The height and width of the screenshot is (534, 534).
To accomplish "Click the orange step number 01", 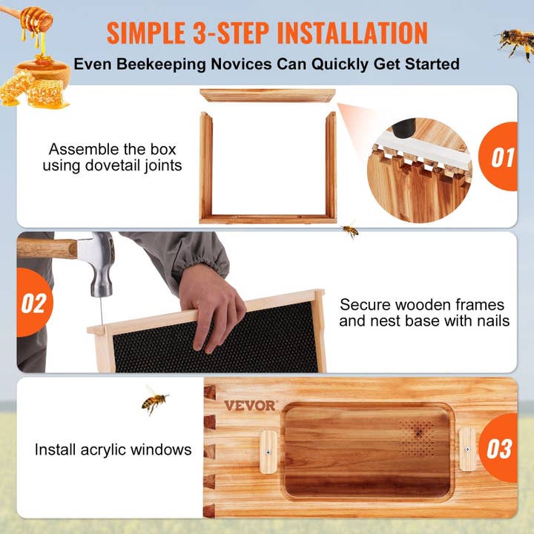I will tap(502, 158).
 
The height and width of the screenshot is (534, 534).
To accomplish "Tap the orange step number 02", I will tap(33, 304).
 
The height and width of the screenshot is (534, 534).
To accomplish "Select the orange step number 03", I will tap(500, 449).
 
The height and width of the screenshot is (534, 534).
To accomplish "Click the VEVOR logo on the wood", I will tap(250, 406).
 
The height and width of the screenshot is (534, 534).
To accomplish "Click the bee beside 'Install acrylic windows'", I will tap(154, 401).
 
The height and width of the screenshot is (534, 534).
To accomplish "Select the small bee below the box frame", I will tap(349, 231).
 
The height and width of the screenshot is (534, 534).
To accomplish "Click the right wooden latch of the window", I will tap(467, 449).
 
